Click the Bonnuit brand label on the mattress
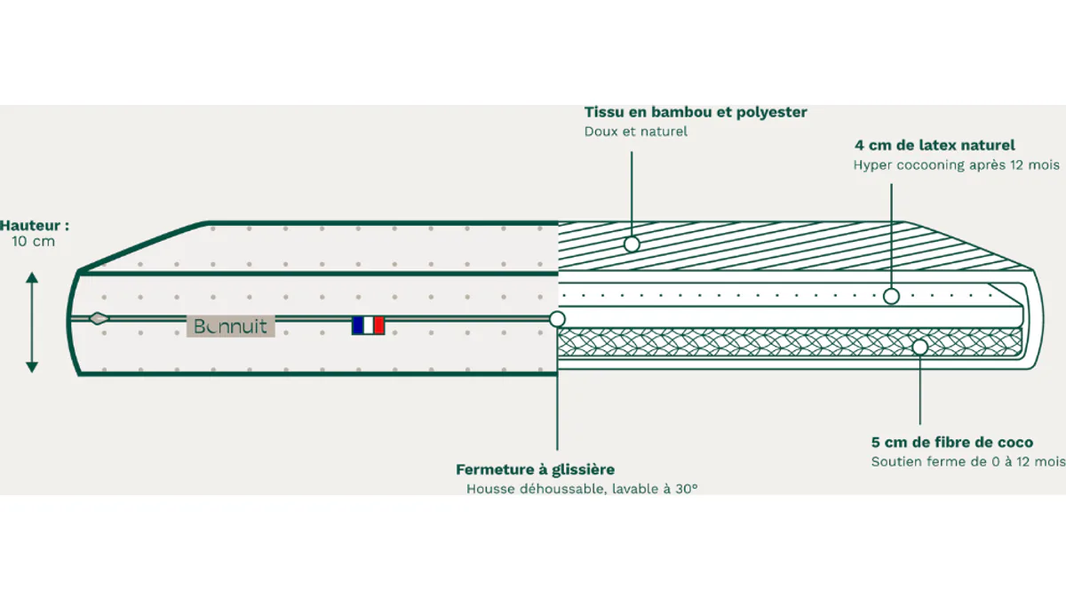[230, 326]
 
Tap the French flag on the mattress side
[368, 325]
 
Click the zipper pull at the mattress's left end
[99, 318]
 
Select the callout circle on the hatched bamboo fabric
[632, 244]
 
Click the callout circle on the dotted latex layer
[891, 296]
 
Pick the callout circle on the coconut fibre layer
[920, 348]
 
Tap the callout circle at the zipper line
[557, 319]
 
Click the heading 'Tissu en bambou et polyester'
[696, 112]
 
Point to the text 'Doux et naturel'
[636, 132]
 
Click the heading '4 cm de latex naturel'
[935, 145]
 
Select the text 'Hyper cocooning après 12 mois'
[957, 165]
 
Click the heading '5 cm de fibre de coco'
[952, 443]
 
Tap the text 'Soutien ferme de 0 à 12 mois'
[968, 462]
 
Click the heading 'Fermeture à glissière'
[536, 470]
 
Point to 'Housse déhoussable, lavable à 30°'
[582, 489]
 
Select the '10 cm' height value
[34, 242]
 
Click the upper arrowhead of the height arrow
[32, 277]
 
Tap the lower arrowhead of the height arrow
[32, 367]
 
